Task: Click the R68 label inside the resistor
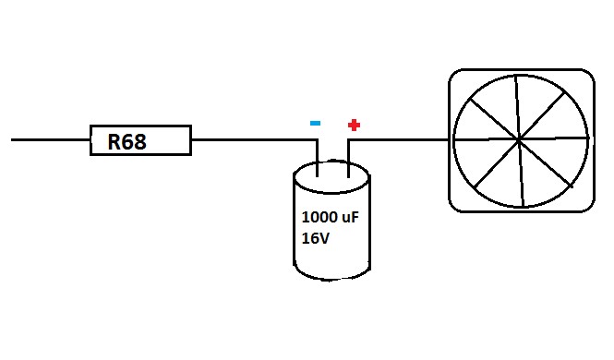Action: [x=126, y=141]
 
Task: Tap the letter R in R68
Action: [x=114, y=141]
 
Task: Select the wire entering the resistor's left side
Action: [x=51, y=139]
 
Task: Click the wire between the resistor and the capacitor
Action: [x=255, y=139]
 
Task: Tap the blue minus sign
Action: [x=315, y=124]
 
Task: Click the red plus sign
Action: [x=354, y=126]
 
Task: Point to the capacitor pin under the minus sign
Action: [x=318, y=159]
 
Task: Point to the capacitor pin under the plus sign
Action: [x=348, y=159]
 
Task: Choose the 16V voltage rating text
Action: [x=316, y=238]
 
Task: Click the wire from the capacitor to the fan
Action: [x=398, y=139]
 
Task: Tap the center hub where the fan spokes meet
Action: [x=519, y=139]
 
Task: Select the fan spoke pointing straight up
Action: [x=517, y=107]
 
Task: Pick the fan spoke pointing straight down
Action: [x=521, y=173]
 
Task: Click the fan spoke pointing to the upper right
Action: [x=542, y=115]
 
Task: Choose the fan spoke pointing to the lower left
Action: [x=497, y=163]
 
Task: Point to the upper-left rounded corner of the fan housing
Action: [x=455, y=76]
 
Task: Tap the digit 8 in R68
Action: [x=140, y=141]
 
